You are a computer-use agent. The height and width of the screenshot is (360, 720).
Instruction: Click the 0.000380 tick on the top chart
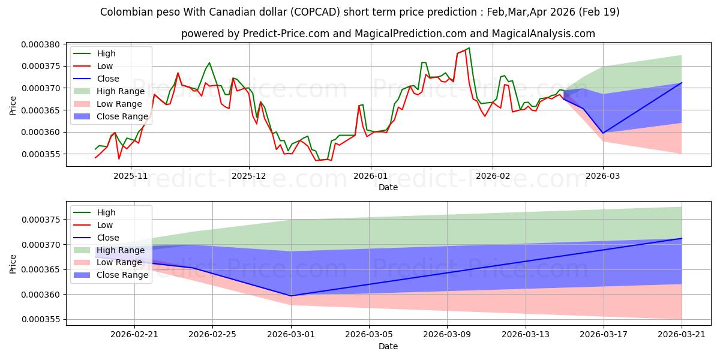[41, 44]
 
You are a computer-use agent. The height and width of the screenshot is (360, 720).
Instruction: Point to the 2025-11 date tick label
[131, 176]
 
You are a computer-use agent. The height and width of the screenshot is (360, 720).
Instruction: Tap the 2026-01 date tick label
[371, 176]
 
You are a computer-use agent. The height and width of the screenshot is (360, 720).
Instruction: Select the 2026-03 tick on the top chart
[603, 176]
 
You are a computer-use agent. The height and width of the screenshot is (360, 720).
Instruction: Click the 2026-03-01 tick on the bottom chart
[291, 335]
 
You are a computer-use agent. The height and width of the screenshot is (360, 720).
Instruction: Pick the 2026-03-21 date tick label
[682, 335]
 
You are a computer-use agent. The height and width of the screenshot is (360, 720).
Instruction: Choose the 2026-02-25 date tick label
[212, 335]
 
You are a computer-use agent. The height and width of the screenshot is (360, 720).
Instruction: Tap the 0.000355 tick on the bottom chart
[41, 319]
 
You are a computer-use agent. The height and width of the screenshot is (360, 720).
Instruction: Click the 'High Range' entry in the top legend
[121, 91]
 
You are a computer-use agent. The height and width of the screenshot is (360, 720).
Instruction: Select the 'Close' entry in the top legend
[108, 79]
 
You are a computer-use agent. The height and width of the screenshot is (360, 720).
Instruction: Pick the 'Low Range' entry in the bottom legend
[119, 263]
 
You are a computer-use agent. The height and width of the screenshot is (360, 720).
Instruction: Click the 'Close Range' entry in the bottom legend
[122, 275]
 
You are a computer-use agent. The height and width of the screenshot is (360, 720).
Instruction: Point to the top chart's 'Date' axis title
[388, 187]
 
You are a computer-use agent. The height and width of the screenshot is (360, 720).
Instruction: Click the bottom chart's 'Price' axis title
[13, 264]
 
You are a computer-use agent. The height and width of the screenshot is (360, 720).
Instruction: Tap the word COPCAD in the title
[316, 12]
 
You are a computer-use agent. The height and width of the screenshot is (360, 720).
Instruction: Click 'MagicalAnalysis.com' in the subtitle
[544, 34]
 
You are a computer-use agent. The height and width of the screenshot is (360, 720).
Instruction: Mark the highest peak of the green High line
[469, 48]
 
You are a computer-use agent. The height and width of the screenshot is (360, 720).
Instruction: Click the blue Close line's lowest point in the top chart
[603, 133]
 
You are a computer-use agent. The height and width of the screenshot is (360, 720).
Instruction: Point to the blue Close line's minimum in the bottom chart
[291, 296]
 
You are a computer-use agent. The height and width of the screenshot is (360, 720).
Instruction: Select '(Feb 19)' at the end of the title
[599, 12]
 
